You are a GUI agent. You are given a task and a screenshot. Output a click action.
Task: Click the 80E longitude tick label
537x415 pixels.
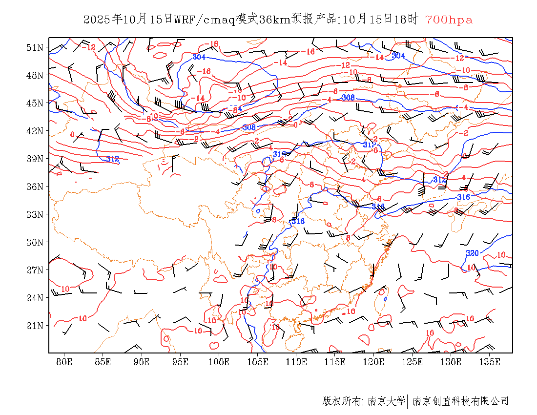pyautogui.click(x=64, y=362)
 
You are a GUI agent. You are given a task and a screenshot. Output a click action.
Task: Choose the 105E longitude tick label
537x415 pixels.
pyautogui.click(x=258, y=362)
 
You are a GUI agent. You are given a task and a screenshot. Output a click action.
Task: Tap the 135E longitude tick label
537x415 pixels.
pyautogui.click(x=490, y=362)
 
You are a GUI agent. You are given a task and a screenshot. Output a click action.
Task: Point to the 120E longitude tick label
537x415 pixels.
pyautogui.click(x=374, y=362)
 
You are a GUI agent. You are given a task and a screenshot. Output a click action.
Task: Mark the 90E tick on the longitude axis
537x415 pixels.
pyautogui.click(x=142, y=362)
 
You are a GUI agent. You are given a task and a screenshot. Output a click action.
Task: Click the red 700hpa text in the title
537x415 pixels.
pyautogui.click(x=449, y=20)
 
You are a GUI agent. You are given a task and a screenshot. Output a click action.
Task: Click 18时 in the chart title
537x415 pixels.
pyautogui.click(x=407, y=20)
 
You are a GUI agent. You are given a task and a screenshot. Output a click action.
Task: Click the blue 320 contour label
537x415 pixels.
pyautogui.click(x=472, y=253)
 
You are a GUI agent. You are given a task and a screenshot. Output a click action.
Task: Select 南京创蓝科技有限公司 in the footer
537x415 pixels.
pyautogui.click(x=460, y=401)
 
